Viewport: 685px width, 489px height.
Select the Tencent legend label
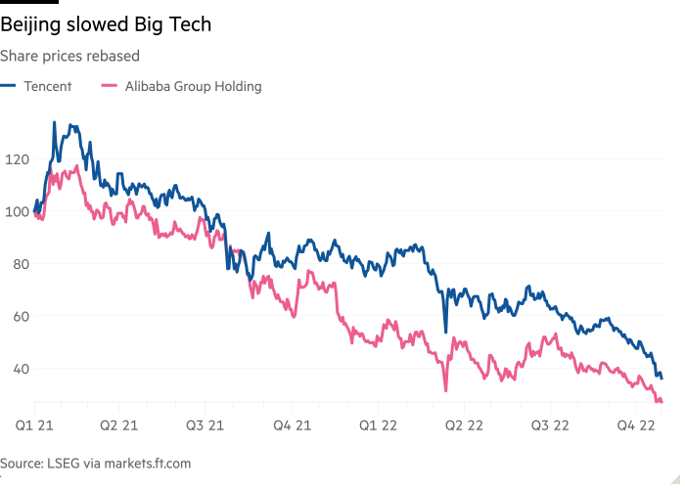(x=49, y=86)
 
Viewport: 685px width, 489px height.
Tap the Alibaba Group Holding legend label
(x=192, y=86)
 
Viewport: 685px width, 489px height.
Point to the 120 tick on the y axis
(x=17, y=158)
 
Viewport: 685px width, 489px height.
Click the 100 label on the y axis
(x=17, y=211)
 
